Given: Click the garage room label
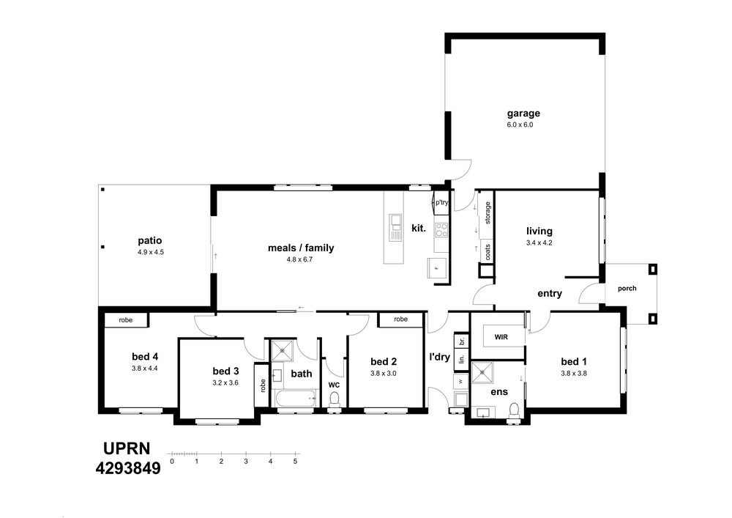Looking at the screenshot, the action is (x=523, y=114).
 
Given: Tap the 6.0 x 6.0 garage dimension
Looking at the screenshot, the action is (x=520, y=125).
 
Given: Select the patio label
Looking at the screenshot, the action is (x=150, y=241).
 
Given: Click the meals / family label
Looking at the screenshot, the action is (x=301, y=248).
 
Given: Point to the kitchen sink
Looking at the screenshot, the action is (x=396, y=227).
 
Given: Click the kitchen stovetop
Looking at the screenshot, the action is (x=441, y=230).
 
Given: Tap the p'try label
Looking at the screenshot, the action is (x=441, y=203).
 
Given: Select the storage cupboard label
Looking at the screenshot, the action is (x=488, y=212).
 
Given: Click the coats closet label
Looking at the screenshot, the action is (x=488, y=253).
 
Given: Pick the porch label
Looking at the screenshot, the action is (x=627, y=289).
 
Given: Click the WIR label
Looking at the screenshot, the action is (x=501, y=337).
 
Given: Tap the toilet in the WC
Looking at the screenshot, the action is (x=335, y=399).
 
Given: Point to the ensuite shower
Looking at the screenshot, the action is (x=483, y=372).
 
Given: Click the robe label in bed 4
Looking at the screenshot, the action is (x=126, y=320).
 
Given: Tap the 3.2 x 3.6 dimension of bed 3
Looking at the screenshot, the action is (x=225, y=383).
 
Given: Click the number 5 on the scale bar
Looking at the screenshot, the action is (x=295, y=462).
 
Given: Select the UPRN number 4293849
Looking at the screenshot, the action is (x=128, y=468).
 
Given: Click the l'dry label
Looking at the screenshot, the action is (x=440, y=358).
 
